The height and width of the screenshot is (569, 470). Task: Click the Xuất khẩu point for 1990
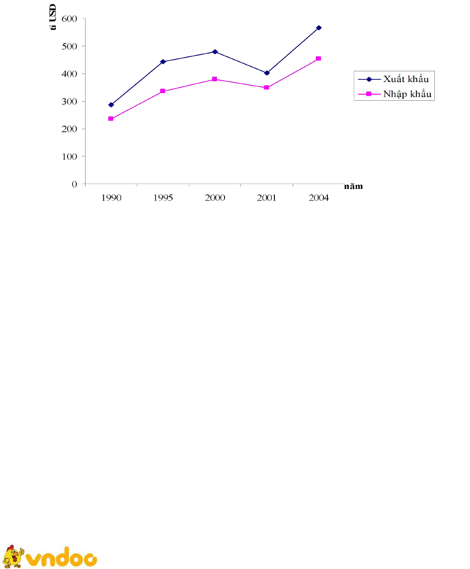[x=111, y=105]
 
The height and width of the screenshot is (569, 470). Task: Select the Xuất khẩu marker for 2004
[x=319, y=28]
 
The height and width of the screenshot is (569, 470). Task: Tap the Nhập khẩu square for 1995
[x=163, y=91]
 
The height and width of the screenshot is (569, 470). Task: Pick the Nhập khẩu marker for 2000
[x=215, y=79]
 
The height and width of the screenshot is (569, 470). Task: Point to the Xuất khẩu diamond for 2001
[x=267, y=73]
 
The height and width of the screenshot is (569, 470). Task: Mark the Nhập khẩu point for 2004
[x=319, y=58]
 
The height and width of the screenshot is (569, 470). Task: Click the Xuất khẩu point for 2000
[x=215, y=52]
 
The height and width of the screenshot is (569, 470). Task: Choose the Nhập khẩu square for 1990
[x=111, y=119]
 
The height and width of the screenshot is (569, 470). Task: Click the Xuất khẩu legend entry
[x=394, y=79]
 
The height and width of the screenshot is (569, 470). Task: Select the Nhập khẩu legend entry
[x=395, y=94]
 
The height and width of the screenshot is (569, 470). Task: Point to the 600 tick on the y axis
[x=70, y=19]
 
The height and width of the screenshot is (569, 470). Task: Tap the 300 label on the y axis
[x=70, y=101]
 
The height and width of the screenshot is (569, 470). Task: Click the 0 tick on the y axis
[x=74, y=184]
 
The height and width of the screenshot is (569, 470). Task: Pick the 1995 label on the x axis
[x=163, y=198]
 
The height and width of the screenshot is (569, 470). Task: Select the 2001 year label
[x=267, y=198]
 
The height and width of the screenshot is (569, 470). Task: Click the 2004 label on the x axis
[x=319, y=198]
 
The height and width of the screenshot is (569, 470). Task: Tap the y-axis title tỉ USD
[x=53, y=16]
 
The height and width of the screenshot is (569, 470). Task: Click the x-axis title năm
[x=353, y=186]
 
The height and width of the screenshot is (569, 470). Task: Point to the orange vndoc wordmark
[x=61, y=558]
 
